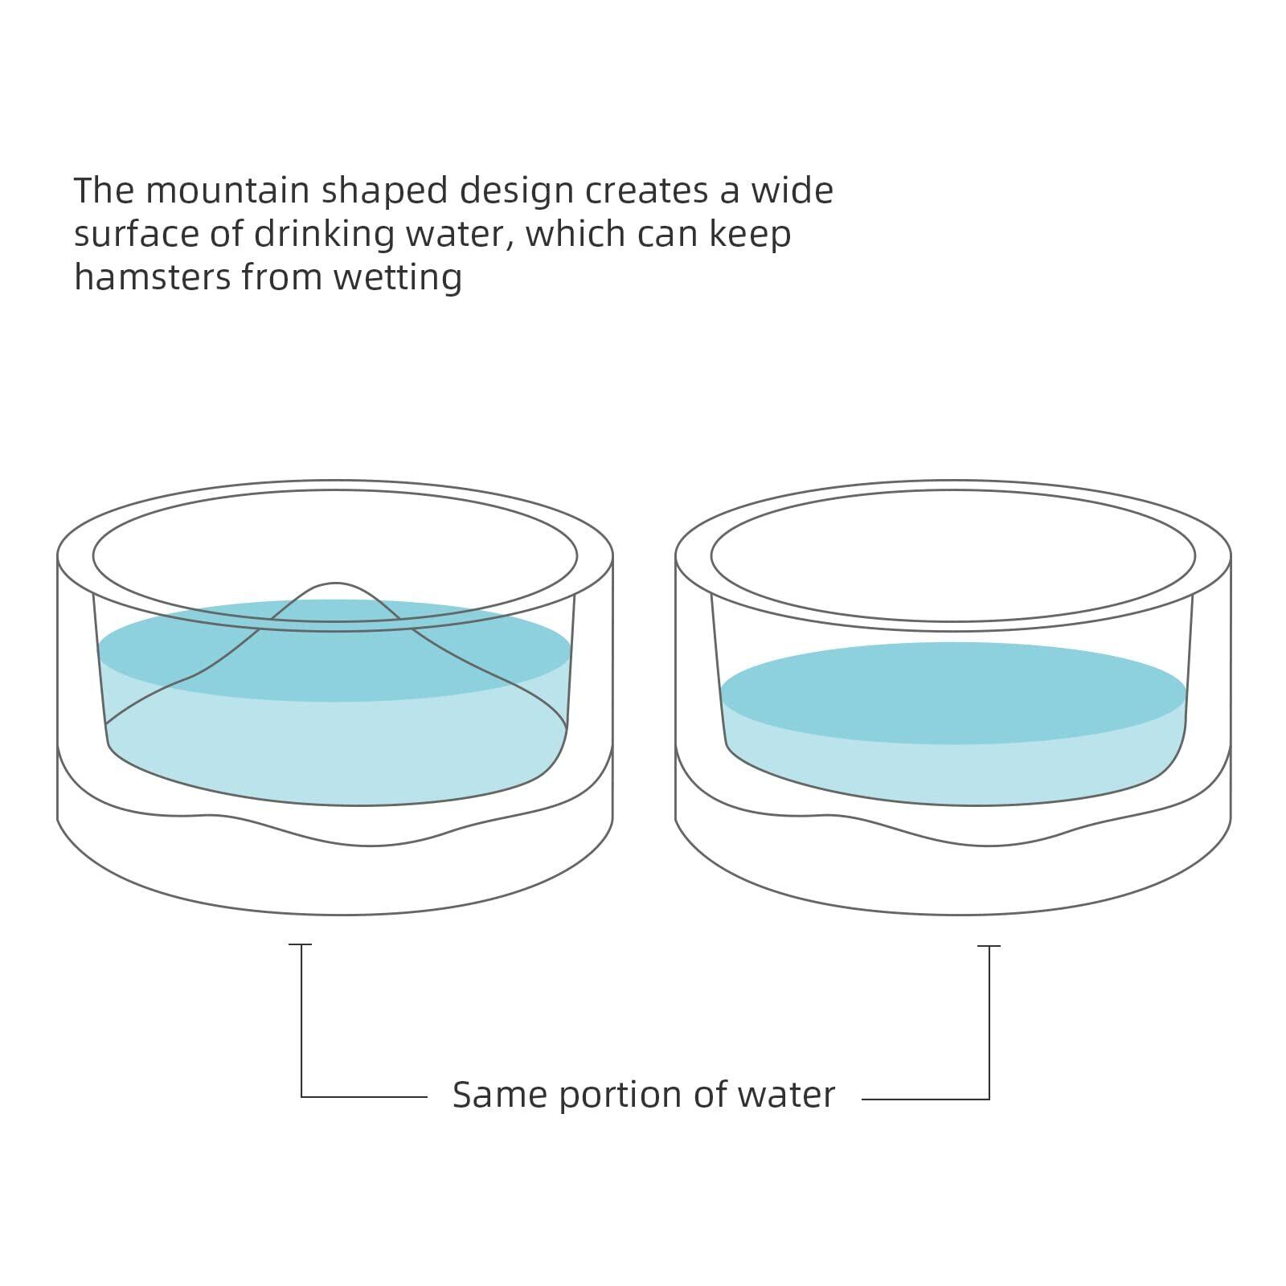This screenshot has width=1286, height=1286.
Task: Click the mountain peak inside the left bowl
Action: [335, 585]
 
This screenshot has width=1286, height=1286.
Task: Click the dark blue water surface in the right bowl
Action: [953, 693]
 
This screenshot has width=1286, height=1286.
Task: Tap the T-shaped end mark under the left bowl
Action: [301, 945]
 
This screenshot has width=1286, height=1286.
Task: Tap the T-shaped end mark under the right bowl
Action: [989, 947]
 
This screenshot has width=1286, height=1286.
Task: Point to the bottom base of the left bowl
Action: [335, 876]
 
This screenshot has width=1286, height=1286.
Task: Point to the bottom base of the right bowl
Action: [953, 876]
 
